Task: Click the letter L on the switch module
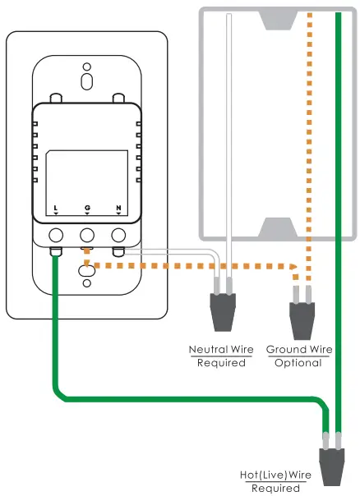point(55,208)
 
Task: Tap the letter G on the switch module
point(87,208)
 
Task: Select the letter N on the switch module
point(118,208)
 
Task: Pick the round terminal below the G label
point(87,234)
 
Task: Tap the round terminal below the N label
point(118,234)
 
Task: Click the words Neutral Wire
point(221,350)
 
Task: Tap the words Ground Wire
point(299,350)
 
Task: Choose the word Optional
point(299,362)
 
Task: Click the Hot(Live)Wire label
point(275,475)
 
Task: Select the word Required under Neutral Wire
point(221,362)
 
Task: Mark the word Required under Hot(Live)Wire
point(275,488)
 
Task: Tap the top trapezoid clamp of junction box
point(271,20)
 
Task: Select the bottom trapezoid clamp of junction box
point(271,227)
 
